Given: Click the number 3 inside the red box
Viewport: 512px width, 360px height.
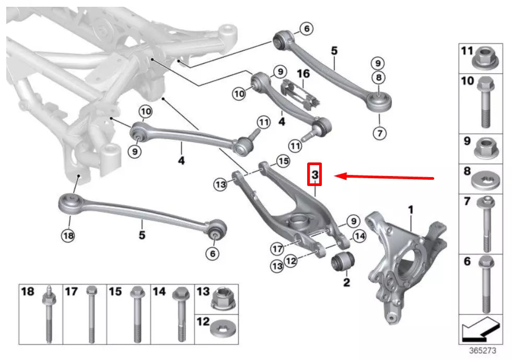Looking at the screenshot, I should coord(315,176).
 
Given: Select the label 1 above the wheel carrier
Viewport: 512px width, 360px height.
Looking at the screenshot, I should coord(411,210).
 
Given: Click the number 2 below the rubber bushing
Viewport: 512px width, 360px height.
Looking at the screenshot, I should coord(346,283).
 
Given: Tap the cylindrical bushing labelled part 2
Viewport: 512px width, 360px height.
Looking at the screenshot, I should coord(343,260).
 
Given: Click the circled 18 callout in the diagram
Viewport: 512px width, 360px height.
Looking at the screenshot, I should coord(68,236).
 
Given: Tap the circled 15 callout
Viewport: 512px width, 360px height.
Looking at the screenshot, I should coord(283,161).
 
